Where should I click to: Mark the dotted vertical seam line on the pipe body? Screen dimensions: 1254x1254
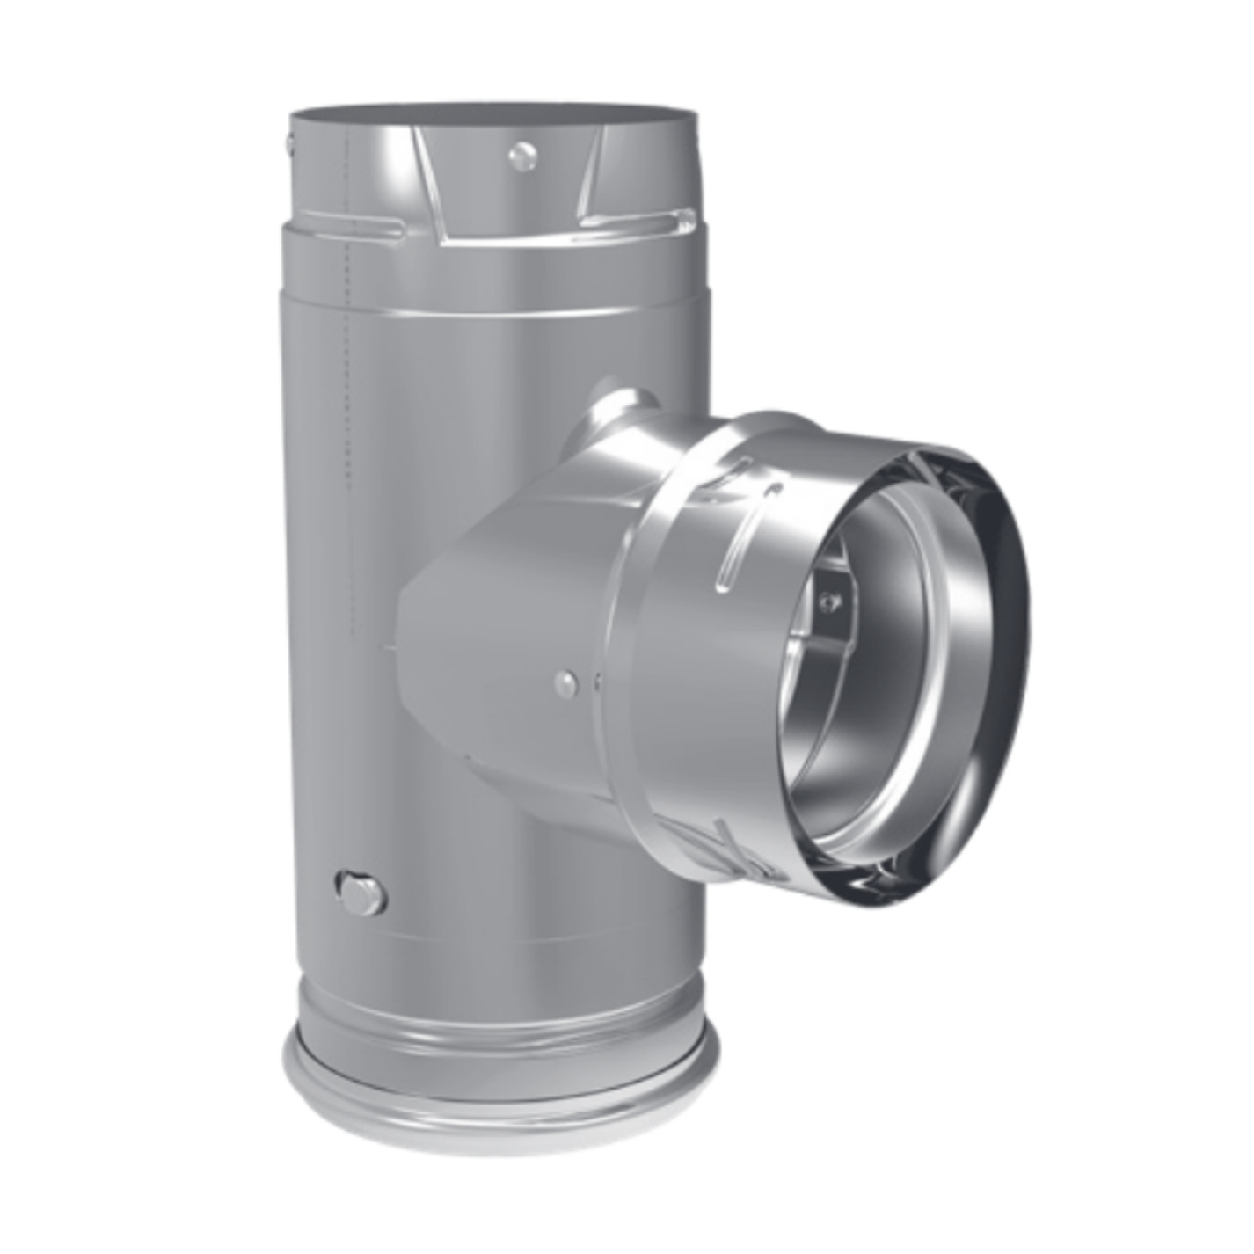tap(350, 396)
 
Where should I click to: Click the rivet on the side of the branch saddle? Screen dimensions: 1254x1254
tap(568, 680)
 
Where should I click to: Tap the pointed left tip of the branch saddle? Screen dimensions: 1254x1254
tap(389, 646)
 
